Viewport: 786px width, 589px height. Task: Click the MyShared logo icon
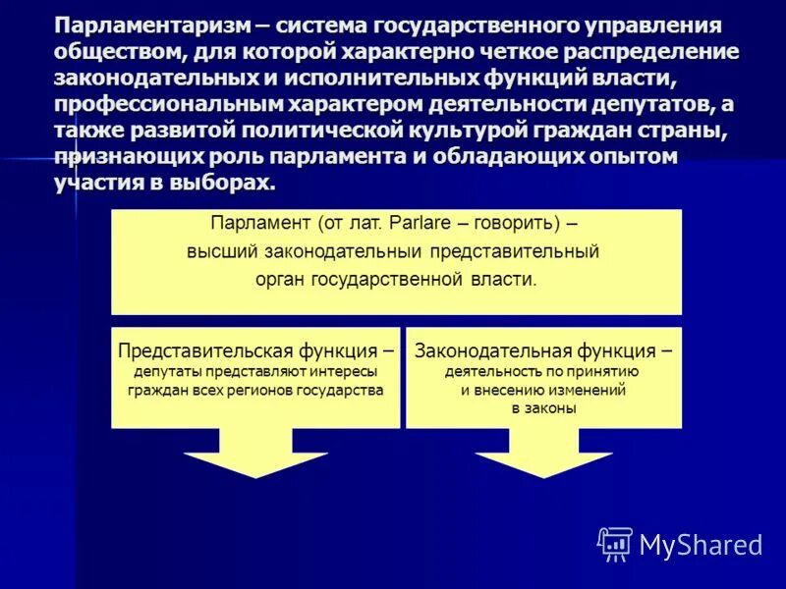pos(615,543)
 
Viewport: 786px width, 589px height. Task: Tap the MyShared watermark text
pos(701,544)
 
